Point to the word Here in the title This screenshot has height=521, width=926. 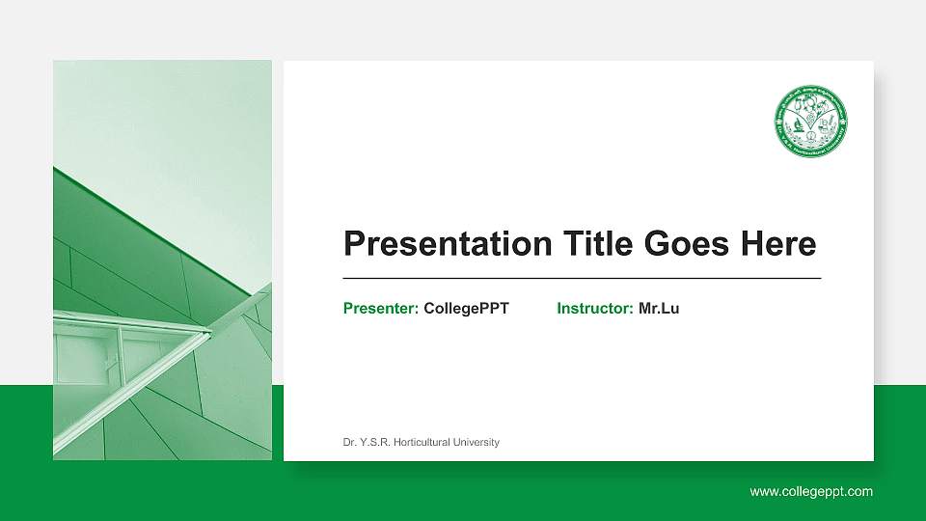point(777,244)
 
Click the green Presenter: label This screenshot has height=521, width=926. point(380,309)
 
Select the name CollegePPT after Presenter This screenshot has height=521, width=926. point(466,309)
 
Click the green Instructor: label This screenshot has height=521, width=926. point(594,309)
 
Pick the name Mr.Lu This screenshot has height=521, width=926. point(659,309)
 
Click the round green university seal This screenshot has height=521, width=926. point(810,122)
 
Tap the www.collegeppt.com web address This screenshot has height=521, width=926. point(811,491)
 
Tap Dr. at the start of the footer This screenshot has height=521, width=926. point(349,443)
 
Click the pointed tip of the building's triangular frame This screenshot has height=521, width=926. point(209,331)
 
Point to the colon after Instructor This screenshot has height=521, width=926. point(631,310)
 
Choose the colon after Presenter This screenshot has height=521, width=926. point(416,310)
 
